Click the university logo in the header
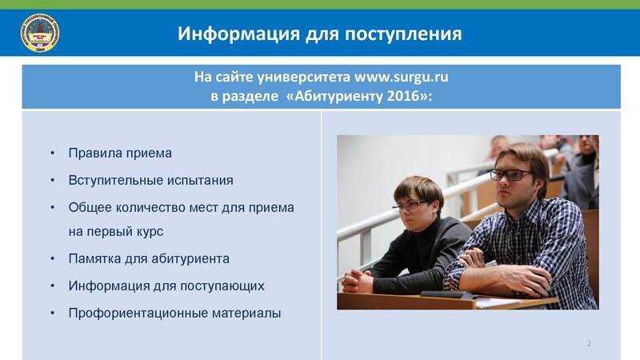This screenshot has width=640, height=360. pos(38,34)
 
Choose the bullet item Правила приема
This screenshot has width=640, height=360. pos(120,153)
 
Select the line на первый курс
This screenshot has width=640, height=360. pos(116,232)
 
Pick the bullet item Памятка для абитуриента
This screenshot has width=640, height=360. pos(149,258)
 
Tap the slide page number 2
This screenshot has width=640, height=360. pos(589,344)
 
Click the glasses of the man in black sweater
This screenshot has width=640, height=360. pos(410,206)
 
